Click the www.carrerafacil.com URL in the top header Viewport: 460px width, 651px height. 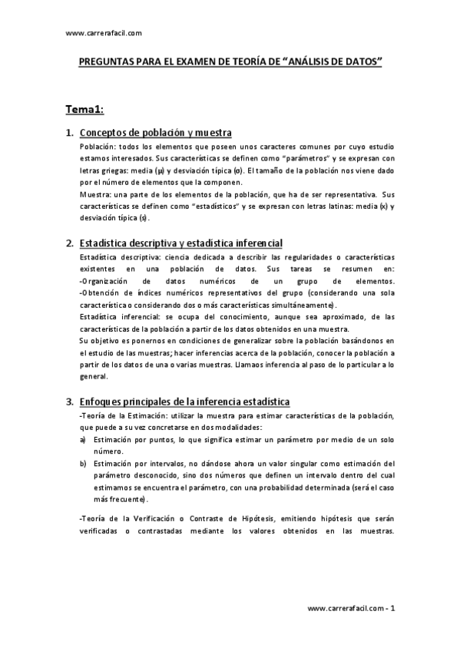pos(104,33)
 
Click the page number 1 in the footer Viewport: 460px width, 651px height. pos(392,608)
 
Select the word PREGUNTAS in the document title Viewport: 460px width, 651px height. pos(108,66)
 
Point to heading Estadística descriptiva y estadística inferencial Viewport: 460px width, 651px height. pos(181,243)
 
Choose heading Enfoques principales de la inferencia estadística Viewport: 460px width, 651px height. pos(184,401)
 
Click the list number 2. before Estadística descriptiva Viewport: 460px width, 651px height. pos(70,243)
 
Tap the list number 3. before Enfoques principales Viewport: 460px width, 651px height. pos(70,401)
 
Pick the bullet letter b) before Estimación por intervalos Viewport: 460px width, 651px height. pos(83,464)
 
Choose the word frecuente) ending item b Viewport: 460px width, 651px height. pos(117,498)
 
